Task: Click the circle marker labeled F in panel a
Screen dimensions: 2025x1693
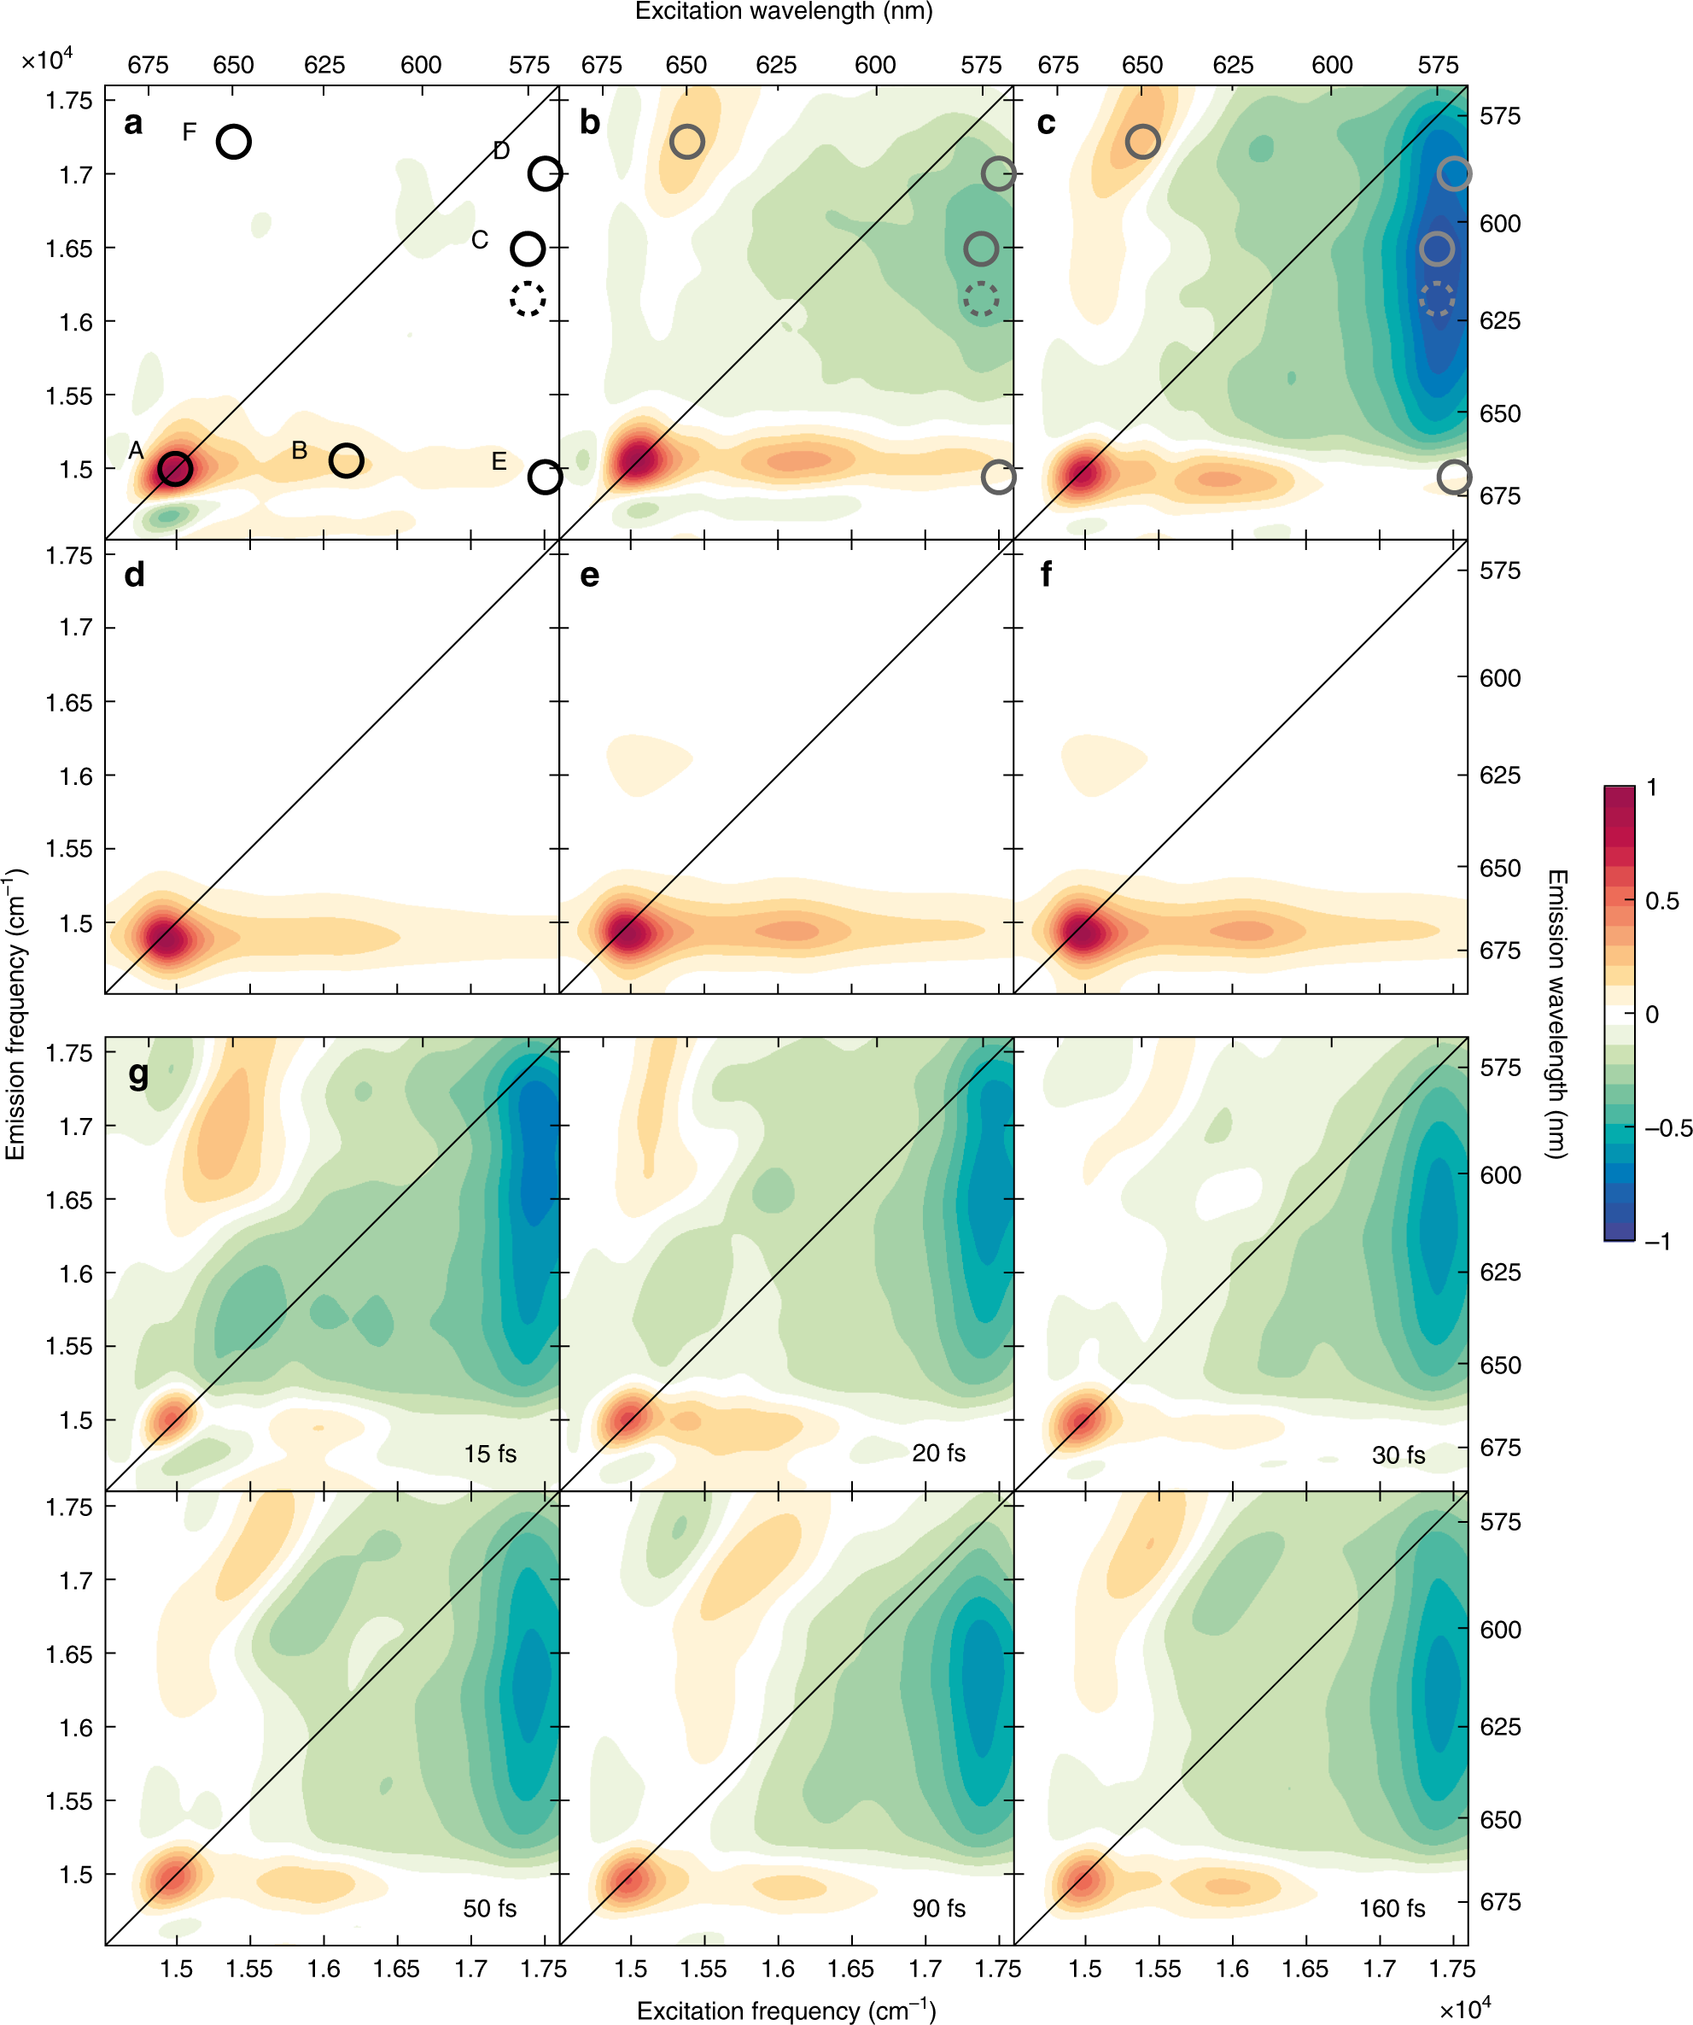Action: point(233,142)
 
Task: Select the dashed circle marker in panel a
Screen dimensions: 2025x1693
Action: point(528,299)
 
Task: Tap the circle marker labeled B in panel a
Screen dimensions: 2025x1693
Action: point(346,461)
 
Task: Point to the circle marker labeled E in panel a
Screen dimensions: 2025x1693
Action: point(545,477)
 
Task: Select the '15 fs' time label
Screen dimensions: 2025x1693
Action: point(490,1453)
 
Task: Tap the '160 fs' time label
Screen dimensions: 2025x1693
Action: point(1392,1907)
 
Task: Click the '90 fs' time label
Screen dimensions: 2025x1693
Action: point(938,1907)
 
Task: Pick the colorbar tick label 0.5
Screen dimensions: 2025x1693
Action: point(1661,901)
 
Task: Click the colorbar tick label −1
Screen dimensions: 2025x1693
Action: point(1657,1241)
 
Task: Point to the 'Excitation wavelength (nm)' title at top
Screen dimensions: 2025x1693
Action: point(783,12)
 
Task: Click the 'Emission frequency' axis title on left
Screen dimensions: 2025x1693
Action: point(15,1013)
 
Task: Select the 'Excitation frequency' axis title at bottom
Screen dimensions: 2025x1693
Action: point(785,2010)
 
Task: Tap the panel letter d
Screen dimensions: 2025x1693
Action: point(134,575)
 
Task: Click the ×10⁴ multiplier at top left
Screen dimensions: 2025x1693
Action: point(46,60)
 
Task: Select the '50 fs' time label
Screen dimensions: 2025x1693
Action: point(489,1907)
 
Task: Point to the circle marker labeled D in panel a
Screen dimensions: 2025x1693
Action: point(545,173)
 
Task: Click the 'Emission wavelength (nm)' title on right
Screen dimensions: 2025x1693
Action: point(1556,1013)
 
